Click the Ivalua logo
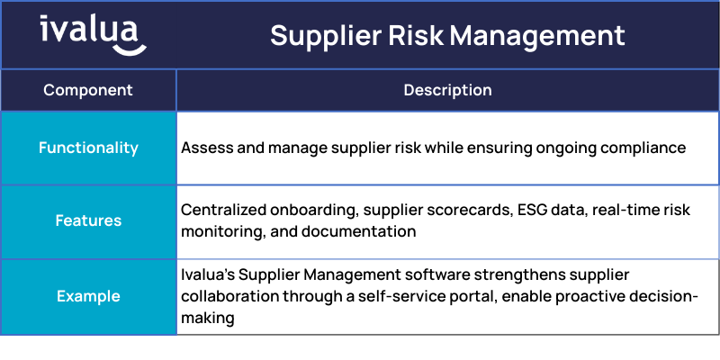click(93, 35)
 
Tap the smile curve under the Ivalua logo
click(130, 49)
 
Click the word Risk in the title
click(415, 35)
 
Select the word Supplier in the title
click(326, 36)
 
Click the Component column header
click(88, 90)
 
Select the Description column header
click(447, 90)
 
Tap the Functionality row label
click(88, 148)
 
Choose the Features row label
click(88, 220)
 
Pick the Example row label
click(88, 296)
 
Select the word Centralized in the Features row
click(223, 210)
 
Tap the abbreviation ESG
click(533, 210)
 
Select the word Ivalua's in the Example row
click(208, 274)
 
